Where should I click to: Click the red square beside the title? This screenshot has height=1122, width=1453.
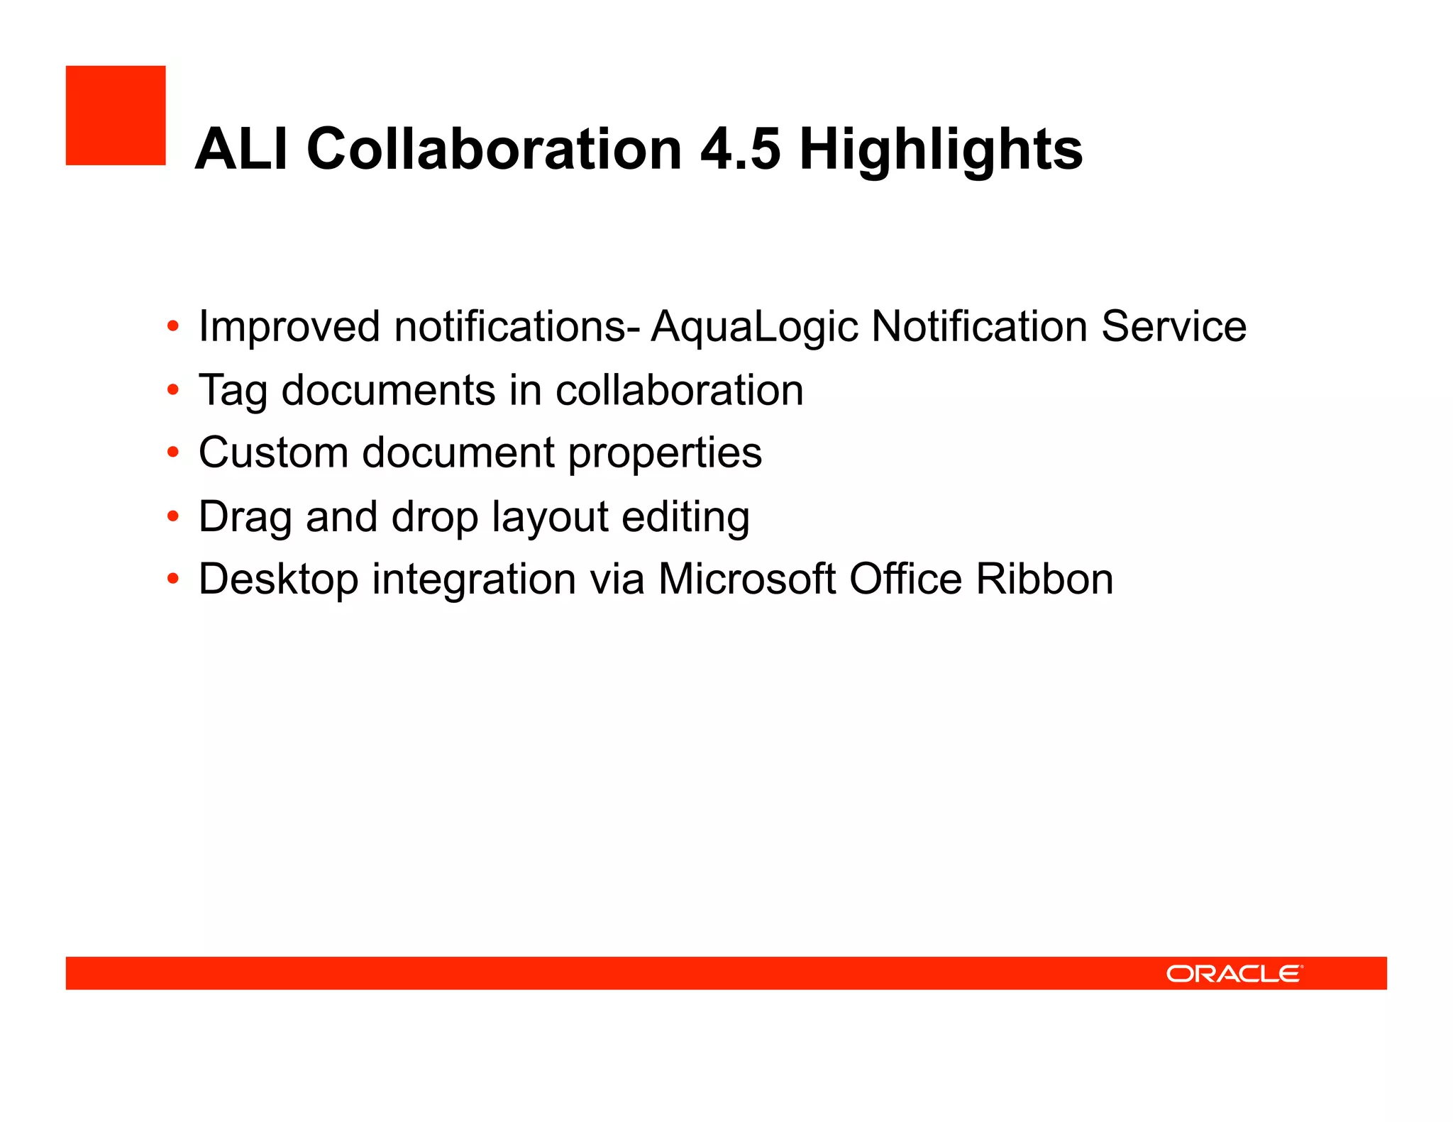pyautogui.click(x=116, y=116)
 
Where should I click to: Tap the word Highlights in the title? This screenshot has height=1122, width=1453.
pyautogui.click(x=941, y=150)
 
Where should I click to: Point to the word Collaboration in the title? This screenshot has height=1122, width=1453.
pyautogui.click(x=495, y=149)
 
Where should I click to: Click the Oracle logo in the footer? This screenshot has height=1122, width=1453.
pyautogui.click(x=1234, y=974)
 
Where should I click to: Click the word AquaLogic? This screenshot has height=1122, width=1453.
pyautogui.click(x=754, y=328)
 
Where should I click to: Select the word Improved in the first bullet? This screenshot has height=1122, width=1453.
pyautogui.click(x=289, y=328)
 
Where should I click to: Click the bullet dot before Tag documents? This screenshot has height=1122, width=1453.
pyautogui.click(x=173, y=391)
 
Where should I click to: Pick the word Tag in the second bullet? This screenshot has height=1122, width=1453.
pyautogui.click(x=233, y=391)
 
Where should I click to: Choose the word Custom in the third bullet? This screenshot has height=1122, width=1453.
pyautogui.click(x=273, y=452)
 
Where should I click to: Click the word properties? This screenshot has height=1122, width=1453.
pyautogui.click(x=665, y=454)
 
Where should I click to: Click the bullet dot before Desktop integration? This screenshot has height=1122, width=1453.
pyautogui.click(x=173, y=579)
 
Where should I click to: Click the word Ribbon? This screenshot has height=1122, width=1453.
pyautogui.click(x=1044, y=579)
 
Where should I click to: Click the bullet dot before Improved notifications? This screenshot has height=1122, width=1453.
pyautogui.click(x=173, y=328)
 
